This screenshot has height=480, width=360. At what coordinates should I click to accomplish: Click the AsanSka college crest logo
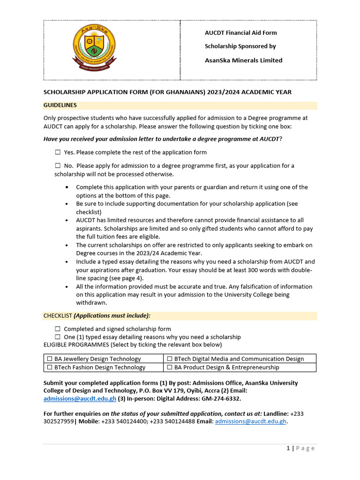click(x=95, y=49)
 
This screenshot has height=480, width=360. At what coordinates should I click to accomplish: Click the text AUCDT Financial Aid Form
click(x=240, y=33)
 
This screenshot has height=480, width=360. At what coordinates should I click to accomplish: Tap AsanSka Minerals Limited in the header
click(x=243, y=60)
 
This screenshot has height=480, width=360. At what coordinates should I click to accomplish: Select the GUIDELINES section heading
click(x=60, y=105)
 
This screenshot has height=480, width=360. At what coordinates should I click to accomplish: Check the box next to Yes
click(x=58, y=152)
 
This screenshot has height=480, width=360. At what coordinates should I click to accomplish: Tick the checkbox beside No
click(x=58, y=165)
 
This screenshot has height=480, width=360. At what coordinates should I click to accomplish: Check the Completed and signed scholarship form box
click(x=58, y=329)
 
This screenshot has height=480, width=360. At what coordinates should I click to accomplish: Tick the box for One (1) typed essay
click(x=58, y=337)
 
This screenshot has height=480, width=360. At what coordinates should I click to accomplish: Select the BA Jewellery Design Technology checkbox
click(x=49, y=359)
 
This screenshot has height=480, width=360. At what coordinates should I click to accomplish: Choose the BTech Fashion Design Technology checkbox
click(x=49, y=367)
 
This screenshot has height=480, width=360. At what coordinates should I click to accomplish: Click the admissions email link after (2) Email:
click(x=80, y=398)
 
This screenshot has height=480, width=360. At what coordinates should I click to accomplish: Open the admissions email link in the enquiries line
click(x=250, y=421)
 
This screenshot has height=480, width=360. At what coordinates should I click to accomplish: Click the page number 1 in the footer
click(x=288, y=448)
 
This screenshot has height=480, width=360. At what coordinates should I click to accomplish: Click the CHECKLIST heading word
click(x=58, y=316)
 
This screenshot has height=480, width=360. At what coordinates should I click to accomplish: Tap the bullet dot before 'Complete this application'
click(x=68, y=187)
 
